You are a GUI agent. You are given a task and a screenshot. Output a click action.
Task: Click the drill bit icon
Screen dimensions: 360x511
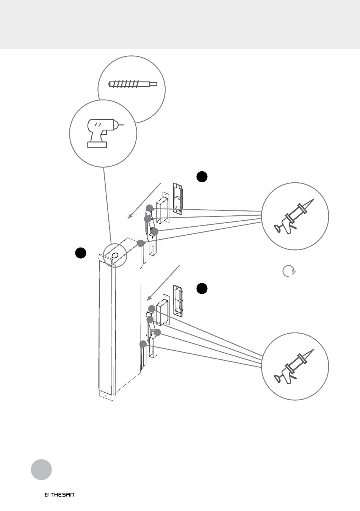coord(133,84)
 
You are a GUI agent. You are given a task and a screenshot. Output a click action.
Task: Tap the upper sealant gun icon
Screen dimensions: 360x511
coord(294,216)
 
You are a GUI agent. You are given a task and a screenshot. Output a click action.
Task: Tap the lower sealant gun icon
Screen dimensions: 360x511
coord(294,367)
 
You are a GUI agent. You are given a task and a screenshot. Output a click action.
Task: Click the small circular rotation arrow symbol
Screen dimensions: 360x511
coord(289,271)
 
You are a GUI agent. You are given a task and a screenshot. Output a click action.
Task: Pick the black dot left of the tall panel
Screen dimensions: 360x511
coord(80,253)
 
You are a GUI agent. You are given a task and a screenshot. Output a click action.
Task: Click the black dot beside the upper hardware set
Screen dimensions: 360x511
coord(202,177)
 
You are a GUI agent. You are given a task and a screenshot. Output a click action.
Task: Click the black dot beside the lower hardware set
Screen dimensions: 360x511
coord(202,288)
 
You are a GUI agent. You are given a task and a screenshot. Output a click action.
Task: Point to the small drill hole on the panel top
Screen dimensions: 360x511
coord(115,255)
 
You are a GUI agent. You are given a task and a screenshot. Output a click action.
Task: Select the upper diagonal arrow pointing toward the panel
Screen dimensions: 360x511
coord(144,201)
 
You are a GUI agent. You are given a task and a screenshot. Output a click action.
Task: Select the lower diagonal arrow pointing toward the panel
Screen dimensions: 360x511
coord(163,283)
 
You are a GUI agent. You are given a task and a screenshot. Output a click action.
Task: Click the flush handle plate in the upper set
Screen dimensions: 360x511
coord(178,199)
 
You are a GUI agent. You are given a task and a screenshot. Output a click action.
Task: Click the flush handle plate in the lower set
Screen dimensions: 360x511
coord(178,301)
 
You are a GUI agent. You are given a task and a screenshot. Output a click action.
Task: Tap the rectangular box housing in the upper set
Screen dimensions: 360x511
coord(162,208)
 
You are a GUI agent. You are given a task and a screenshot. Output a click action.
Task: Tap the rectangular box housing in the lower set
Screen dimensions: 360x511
coord(163,310)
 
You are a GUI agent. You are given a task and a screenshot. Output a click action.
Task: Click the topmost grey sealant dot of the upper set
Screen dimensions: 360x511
coord(149,208)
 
